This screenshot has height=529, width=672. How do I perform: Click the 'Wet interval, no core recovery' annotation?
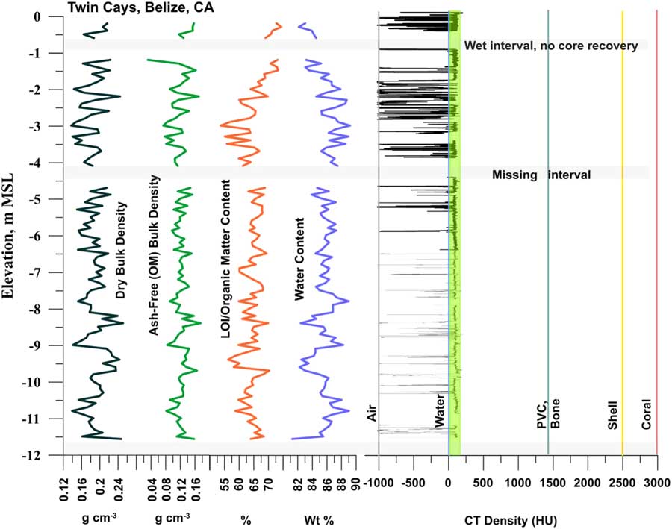(x=550, y=46)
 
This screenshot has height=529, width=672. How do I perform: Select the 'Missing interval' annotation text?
(x=541, y=175)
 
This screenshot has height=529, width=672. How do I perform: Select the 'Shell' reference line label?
(x=613, y=433)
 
